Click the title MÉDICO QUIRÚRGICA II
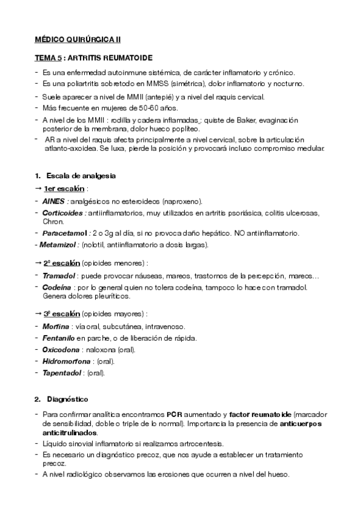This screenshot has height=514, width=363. pos(77,39)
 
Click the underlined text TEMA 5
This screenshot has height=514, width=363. pos(47,58)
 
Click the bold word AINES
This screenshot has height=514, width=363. pos(53,201)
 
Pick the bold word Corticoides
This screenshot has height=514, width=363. pos(64,213)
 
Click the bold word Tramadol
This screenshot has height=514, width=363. pos(59,275)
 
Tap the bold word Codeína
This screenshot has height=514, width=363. pos(58,287)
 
